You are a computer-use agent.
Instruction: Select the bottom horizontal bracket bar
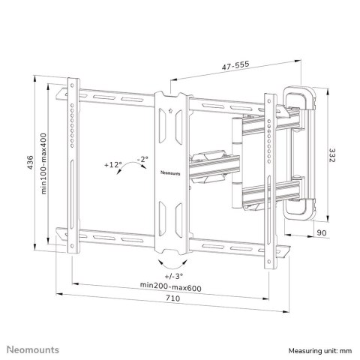tap(120, 230)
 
